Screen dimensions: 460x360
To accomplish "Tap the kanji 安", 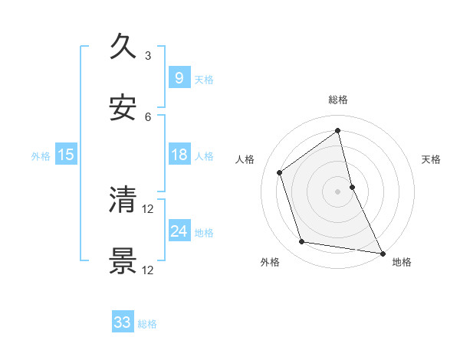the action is coord(123,108).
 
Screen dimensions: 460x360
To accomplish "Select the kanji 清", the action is coord(123,200).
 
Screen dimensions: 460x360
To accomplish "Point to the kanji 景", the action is coord(123,261).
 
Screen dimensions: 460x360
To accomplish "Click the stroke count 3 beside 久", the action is coord(148,56).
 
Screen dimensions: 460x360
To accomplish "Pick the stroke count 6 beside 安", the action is coord(148,117).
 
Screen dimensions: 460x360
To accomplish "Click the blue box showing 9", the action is coord(179,78).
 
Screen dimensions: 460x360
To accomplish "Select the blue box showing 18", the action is coord(179,155).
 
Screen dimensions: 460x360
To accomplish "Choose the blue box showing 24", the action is coord(179,231).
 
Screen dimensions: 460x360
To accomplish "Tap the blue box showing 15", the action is coord(66,155).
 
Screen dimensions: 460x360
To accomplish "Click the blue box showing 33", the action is coord(123,322).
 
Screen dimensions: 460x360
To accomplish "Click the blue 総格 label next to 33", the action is coord(147,324).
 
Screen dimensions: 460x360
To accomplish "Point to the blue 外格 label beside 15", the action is coord(41,156).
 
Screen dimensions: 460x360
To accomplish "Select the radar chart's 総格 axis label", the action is coord(338,100).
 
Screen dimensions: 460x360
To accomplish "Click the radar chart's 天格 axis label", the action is coord(431,159).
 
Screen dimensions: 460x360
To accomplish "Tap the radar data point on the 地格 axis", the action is coord(383,252).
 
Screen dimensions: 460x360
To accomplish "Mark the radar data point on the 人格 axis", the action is coord(280,172).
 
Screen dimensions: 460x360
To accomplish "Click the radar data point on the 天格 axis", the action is coord(352,186).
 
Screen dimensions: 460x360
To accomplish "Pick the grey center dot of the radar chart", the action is coord(338,191).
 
